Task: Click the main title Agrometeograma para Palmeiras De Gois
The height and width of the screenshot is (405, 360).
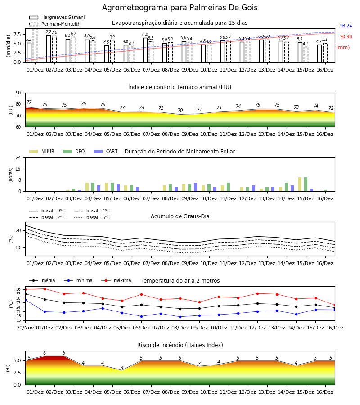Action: click(180, 8)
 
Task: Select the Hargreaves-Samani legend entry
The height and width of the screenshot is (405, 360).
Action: click(57, 17)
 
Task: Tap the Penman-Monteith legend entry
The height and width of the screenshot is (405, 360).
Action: click(55, 24)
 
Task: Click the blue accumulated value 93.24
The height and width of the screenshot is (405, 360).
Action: click(346, 26)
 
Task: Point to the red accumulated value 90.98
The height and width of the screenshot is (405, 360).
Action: click(346, 37)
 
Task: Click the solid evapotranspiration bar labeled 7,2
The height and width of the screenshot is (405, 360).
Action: click(49, 49)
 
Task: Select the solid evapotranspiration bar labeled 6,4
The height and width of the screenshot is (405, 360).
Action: click(145, 50)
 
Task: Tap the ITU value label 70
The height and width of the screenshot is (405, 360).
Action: click(180, 110)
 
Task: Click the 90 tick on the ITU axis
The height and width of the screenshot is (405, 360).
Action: click(18, 93)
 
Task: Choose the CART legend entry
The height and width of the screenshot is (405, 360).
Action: click(106, 151)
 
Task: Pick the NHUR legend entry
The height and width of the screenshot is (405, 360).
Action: click(42, 151)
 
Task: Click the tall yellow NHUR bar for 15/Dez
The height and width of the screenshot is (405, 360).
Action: click(300, 184)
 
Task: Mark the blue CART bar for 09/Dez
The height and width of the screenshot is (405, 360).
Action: click(195, 187)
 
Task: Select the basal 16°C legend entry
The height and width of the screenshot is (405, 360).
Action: click(92, 217)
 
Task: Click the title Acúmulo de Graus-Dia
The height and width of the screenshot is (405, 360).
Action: click(180, 216)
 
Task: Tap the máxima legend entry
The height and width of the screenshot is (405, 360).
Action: click(116, 280)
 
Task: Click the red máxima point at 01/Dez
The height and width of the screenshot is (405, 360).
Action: click(45, 289)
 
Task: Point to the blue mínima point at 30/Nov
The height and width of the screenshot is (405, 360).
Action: click(25, 300)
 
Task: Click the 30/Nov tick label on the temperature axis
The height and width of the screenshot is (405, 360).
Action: click(25, 328)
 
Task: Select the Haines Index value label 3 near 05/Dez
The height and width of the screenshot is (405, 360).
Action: click(122, 368)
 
